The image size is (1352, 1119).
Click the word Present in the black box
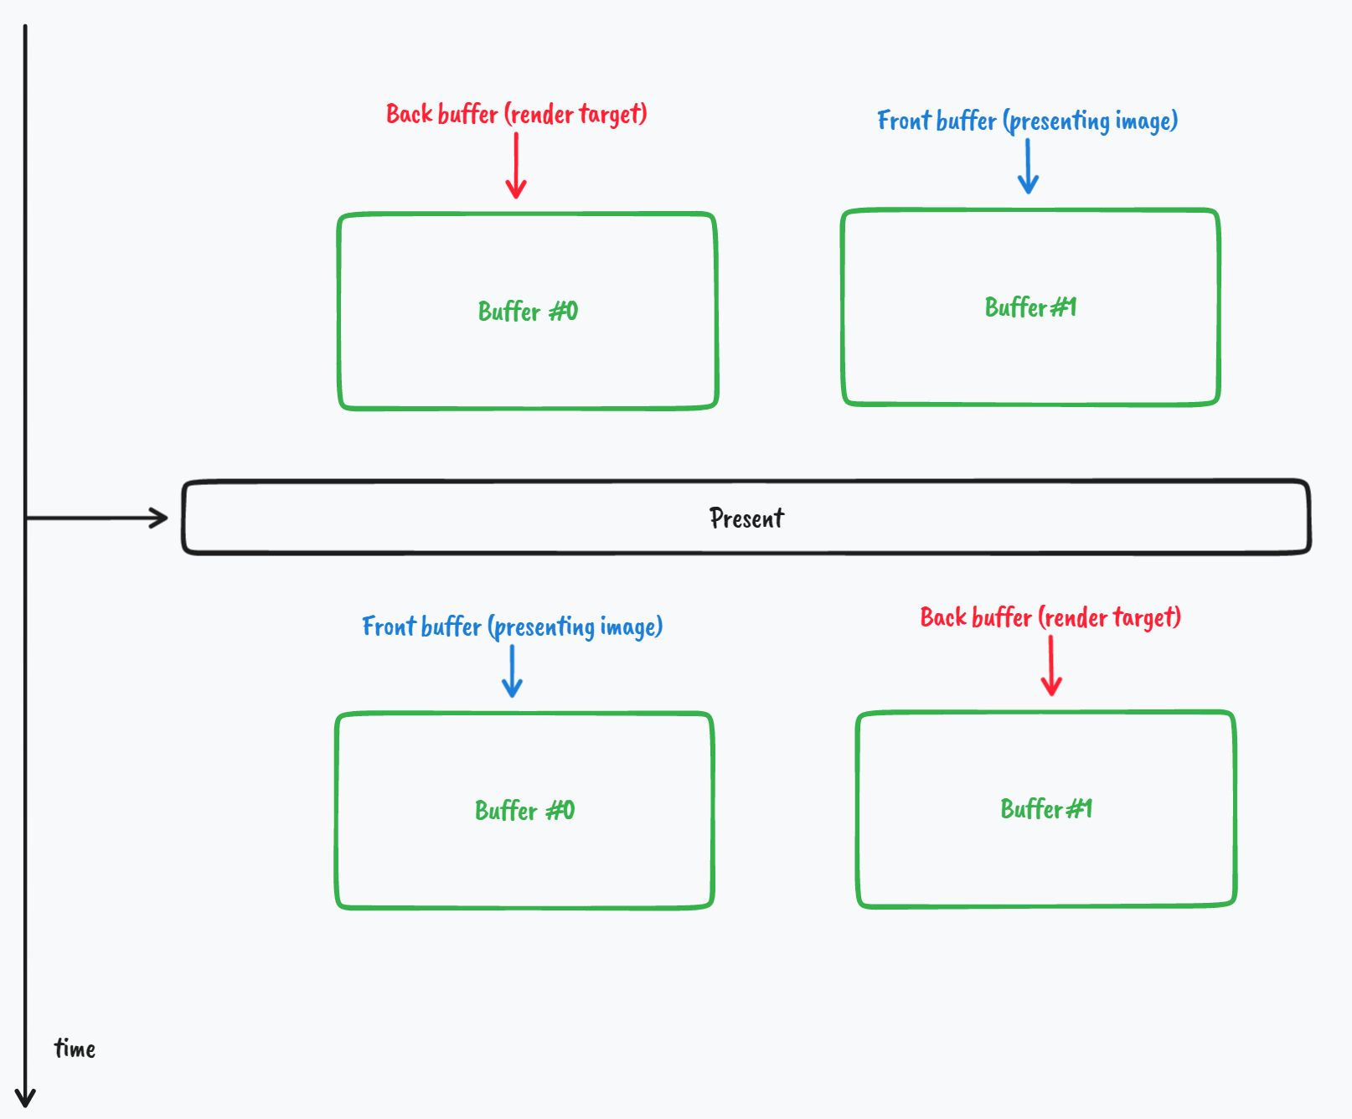tap(746, 518)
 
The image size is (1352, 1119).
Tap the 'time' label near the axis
tap(75, 1049)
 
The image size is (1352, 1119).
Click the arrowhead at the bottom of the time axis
tap(25, 1097)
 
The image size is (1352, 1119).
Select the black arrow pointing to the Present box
tap(96, 518)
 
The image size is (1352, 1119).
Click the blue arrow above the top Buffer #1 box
tap(1028, 167)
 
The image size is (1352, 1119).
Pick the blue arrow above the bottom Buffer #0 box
tap(512, 671)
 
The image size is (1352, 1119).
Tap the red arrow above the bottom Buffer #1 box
tap(1051, 666)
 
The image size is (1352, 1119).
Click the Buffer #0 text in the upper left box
tap(528, 312)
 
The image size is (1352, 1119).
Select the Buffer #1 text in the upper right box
tap(1030, 307)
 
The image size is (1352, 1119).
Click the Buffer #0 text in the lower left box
tap(524, 811)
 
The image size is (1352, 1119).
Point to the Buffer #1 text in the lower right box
tap(1046, 809)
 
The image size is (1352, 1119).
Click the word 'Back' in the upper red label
tap(409, 114)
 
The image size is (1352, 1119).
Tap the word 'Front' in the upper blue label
tap(904, 121)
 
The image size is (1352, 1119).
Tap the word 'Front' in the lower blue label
tap(389, 627)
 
